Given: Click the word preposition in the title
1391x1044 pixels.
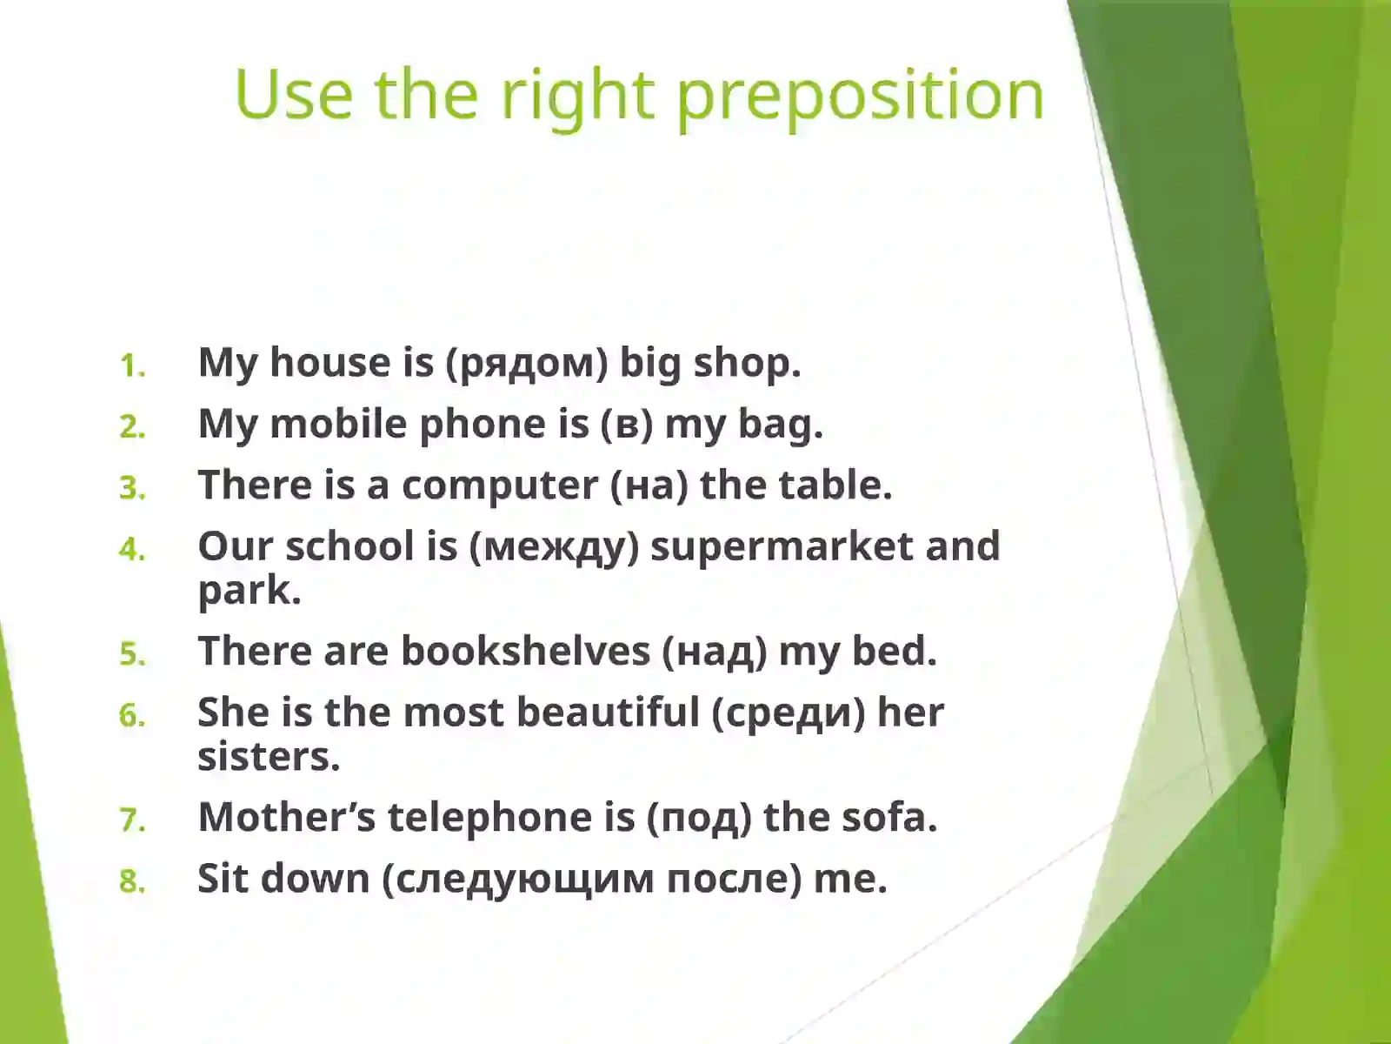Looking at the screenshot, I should (x=860, y=96).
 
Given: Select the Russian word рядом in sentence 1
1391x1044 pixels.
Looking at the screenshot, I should (x=527, y=363).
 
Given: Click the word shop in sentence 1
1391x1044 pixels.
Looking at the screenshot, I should (x=746, y=363).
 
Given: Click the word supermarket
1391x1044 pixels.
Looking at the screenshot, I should (x=782, y=547).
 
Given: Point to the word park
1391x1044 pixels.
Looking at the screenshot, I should (x=249, y=592).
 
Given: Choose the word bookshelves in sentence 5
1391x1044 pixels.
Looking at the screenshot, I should (x=524, y=651).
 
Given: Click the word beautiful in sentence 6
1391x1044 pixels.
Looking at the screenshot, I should (x=608, y=712).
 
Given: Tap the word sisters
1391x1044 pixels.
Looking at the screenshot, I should (x=268, y=756).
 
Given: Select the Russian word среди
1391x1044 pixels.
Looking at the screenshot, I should (x=789, y=713).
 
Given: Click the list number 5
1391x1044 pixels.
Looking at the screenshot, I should (x=132, y=653).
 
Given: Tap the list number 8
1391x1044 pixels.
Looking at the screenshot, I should (x=132, y=881).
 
